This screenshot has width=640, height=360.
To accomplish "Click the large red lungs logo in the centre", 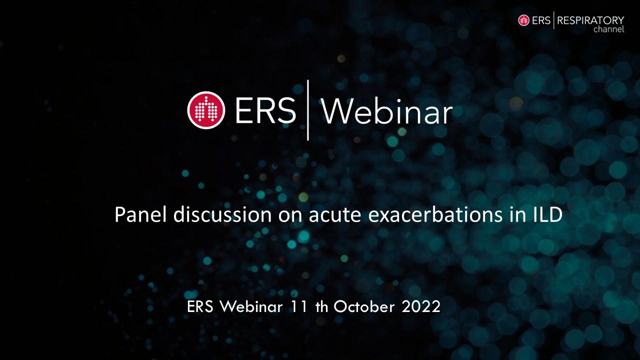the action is [206, 110].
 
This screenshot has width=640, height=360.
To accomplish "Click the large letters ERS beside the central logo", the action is [265, 111].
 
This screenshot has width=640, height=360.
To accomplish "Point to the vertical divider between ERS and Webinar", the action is [307, 110].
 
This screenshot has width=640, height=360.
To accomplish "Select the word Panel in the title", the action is [140, 214].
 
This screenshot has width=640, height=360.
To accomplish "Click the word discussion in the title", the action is [222, 214].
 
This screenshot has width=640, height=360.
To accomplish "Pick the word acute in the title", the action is [335, 215].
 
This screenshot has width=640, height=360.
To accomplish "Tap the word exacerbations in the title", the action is [435, 214].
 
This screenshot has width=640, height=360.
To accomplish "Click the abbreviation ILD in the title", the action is [548, 214].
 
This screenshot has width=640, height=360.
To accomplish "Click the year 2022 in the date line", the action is [421, 306].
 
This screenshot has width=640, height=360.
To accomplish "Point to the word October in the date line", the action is [364, 306].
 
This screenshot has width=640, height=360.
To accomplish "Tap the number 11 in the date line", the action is [299, 306].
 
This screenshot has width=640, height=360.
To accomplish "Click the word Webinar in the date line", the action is [251, 306].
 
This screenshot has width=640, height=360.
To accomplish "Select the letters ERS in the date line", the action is [200, 306].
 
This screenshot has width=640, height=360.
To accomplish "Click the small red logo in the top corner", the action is [523, 20].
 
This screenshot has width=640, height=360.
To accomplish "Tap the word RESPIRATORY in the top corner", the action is [590, 20].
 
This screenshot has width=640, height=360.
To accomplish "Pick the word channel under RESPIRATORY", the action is [609, 29].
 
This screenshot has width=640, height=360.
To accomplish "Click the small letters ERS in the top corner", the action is [541, 20].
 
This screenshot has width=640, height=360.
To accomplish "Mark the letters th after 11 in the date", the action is [322, 306].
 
